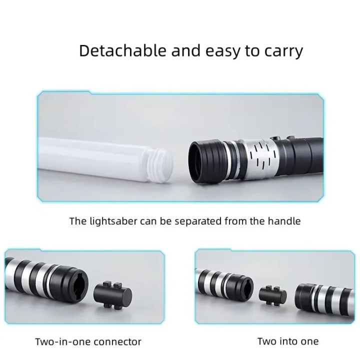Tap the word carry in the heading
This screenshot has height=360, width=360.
[x=282, y=51]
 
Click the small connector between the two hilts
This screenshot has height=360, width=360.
[x=273, y=294]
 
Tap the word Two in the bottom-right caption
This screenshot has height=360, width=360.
[x=266, y=341]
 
